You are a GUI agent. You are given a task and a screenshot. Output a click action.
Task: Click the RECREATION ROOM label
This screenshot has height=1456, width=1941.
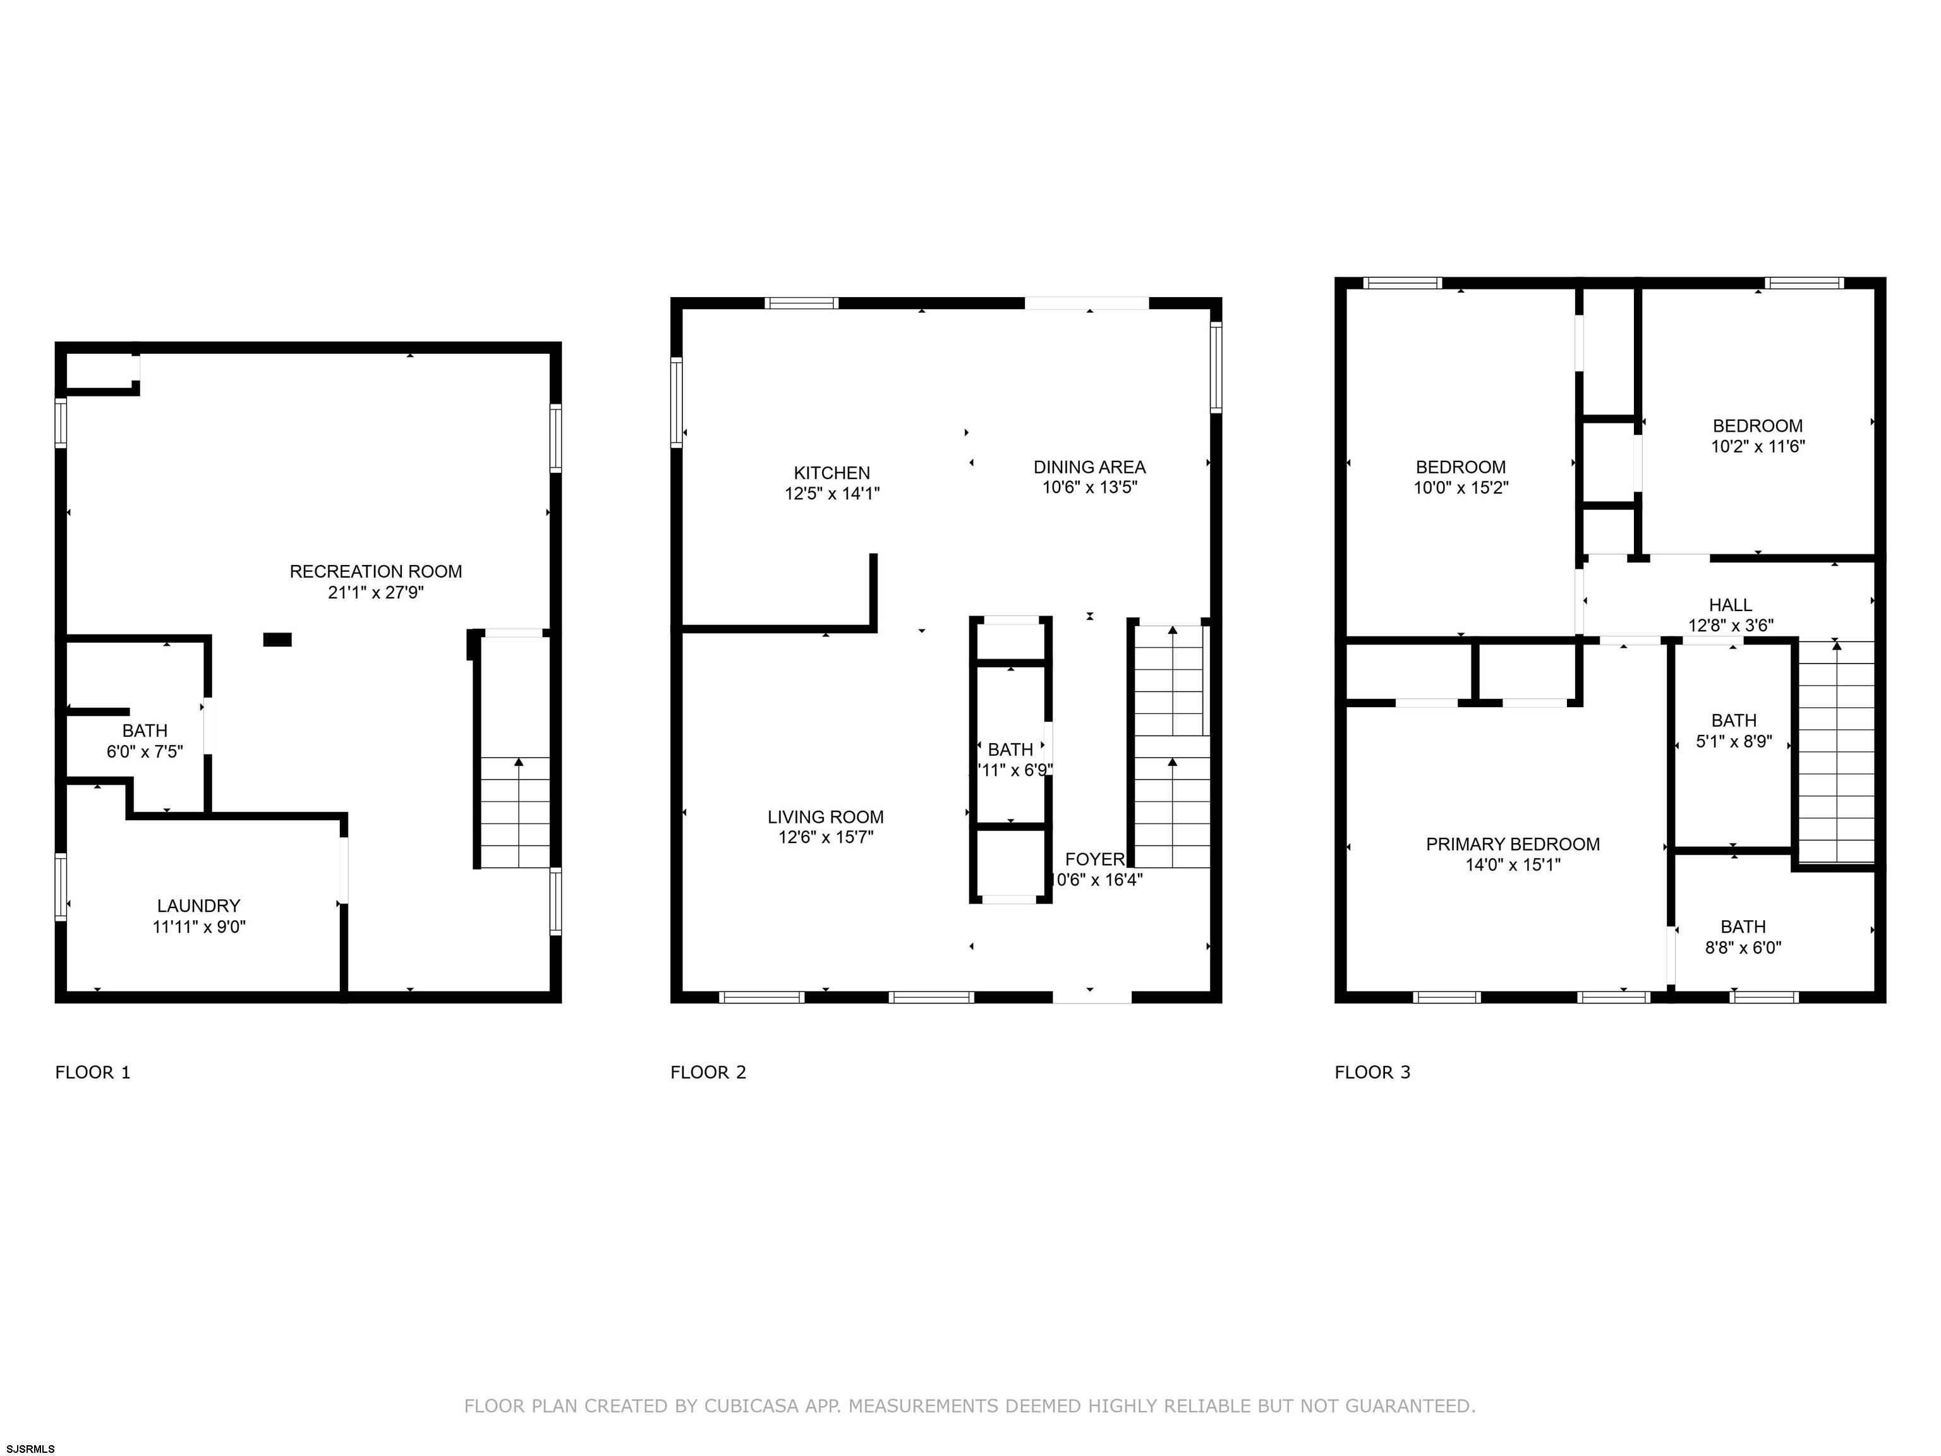(x=375, y=571)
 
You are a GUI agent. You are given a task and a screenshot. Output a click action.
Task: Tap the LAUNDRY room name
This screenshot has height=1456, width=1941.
(x=198, y=906)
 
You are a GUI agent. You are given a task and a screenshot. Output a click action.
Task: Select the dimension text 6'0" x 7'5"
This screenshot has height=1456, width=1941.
(x=145, y=751)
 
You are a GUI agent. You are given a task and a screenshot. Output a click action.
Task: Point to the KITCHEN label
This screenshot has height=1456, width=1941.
(x=832, y=473)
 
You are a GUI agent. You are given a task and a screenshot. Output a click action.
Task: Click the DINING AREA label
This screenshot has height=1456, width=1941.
(x=1089, y=467)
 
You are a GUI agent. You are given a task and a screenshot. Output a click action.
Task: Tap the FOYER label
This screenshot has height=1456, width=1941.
(x=1095, y=859)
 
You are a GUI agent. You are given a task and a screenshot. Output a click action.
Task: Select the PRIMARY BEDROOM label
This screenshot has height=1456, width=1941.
(x=1513, y=844)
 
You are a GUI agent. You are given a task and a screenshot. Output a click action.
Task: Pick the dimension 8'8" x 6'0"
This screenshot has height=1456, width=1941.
(x=1743, y=948)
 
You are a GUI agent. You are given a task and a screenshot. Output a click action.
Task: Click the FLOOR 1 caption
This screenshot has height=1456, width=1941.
(x=93, y=1072)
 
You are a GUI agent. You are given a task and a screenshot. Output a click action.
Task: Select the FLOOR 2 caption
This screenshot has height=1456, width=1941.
(x=708, y=1072)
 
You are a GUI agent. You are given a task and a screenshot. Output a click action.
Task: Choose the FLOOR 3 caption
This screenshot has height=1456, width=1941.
(x=1372, y=1072)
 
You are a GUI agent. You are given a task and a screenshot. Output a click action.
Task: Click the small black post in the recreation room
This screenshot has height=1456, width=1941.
(x=277, y=640)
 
